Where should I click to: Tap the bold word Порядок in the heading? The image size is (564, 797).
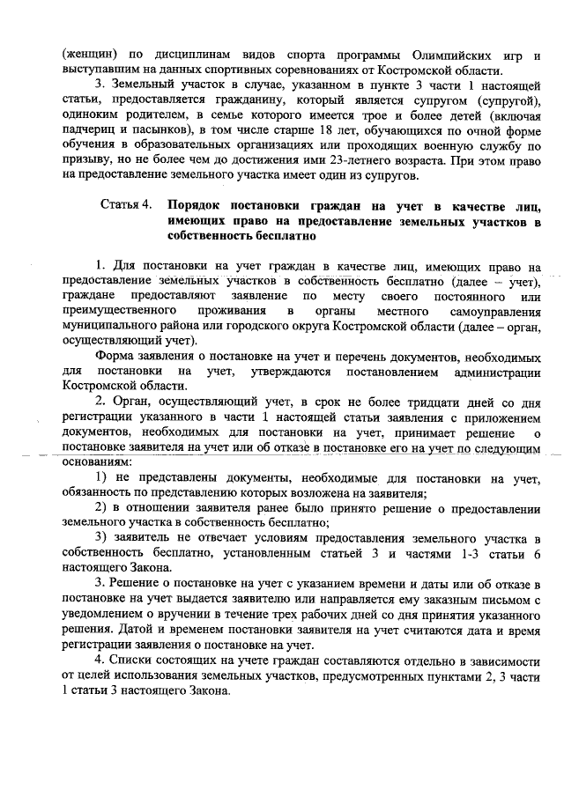click(x=195, y=205)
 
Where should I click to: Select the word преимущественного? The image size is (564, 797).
click(x=121, y=311)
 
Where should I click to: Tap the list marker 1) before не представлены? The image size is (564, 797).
click(x=100, y=478)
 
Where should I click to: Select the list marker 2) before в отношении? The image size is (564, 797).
click(x=100, y=510)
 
